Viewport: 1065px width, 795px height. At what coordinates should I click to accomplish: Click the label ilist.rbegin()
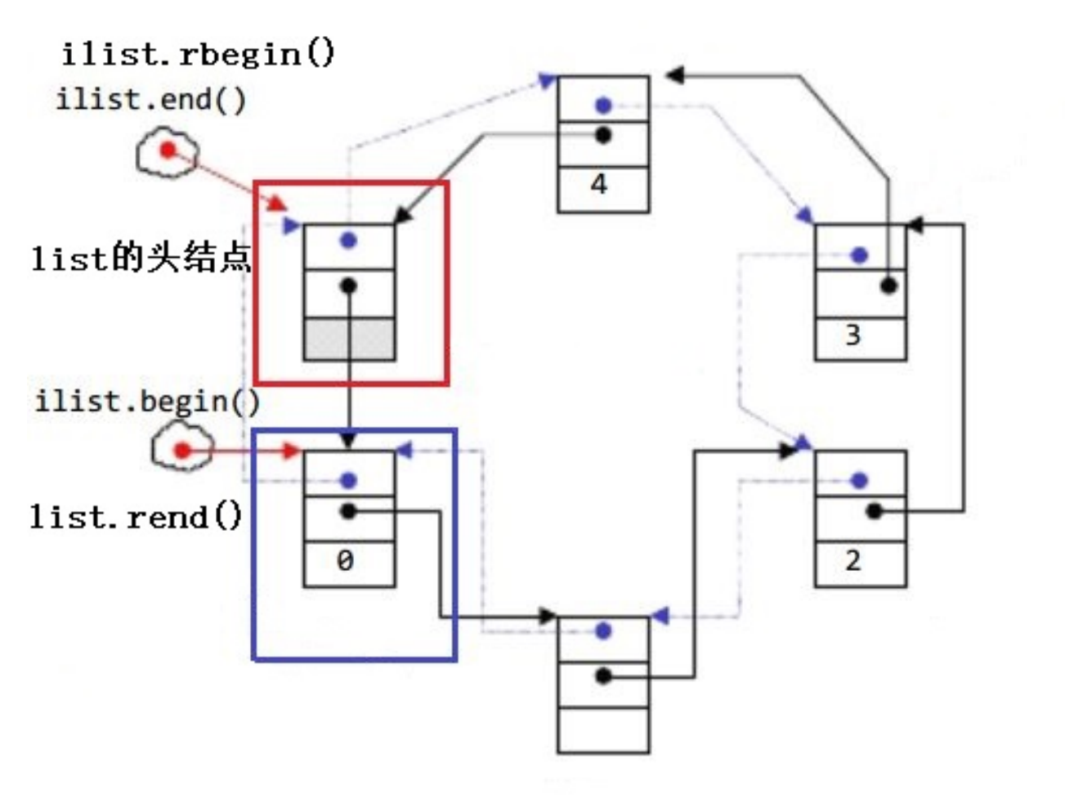[x=199, y=54]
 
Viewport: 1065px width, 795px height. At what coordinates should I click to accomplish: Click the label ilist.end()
[x=150, y=100]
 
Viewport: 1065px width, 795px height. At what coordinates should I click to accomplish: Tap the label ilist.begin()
[x=147, y=402]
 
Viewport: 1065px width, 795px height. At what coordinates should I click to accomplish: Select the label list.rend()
[x=136, y=517]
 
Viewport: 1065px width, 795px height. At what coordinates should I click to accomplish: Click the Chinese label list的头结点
[x=141, y=258]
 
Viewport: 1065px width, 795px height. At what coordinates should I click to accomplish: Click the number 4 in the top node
[x=599, y=185]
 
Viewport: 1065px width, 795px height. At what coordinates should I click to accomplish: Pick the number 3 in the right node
[x=852, y=335]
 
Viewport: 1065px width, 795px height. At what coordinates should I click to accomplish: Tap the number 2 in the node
[x=852, y=561]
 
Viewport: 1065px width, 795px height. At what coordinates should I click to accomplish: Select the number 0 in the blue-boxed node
[x=345, y=561]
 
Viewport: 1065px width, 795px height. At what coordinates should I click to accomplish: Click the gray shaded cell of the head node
[x=349, y=339]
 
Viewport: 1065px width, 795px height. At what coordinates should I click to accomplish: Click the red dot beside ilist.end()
[x=168, y=150]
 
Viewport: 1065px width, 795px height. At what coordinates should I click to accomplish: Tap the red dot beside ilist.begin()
[x=182, y=450]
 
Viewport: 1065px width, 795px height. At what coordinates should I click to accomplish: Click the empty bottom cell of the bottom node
[x=603, y=730]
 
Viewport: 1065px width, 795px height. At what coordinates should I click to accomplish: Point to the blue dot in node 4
[x=603, y=106]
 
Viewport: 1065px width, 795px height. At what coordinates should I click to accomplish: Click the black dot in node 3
[x=889, y=285]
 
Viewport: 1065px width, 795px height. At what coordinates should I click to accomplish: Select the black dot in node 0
[x=349, y=511]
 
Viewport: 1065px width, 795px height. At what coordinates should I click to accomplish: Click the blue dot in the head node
[x=349, y=240]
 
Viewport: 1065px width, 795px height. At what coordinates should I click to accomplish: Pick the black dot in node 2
[x=874, y=511]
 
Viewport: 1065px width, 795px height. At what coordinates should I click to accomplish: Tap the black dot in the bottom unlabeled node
[x=603, y=676]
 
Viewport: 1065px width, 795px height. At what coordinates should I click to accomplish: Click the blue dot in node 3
[x=859, y=255]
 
